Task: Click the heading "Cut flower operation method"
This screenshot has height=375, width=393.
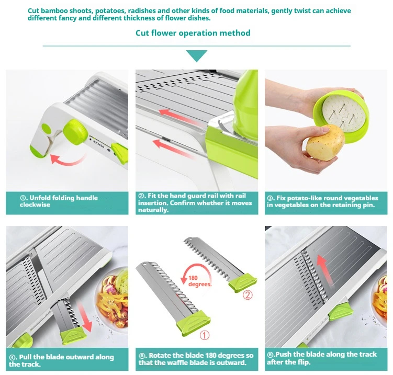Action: tap(193, 33)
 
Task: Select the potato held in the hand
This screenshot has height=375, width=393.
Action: tap(325, 142)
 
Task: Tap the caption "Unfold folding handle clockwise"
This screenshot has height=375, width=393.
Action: tap(59, 201)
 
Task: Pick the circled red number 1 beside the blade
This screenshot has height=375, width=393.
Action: tap(204, 335)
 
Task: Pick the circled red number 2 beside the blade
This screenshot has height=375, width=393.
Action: tap(248, 295)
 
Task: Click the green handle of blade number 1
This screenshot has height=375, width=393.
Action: tap(193, 323)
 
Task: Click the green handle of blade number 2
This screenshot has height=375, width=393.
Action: tap(243, 282)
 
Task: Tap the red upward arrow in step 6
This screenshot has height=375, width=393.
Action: tap(324, 270)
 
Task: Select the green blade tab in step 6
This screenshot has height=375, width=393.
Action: tap(340, 311)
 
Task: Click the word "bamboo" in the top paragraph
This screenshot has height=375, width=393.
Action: tap(54, 11)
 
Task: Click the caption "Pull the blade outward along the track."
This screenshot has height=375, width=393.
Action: tap(61, 360)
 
